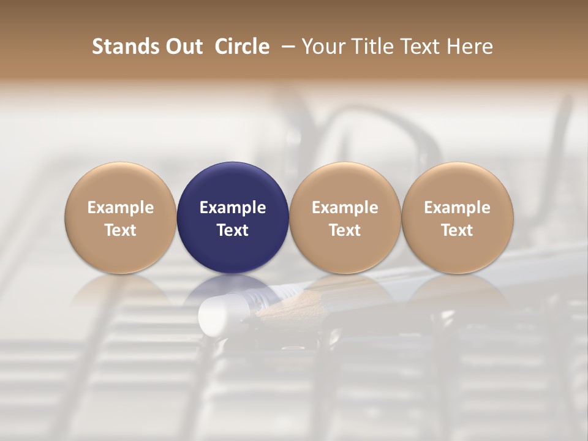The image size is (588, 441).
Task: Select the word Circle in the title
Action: coord(242,47)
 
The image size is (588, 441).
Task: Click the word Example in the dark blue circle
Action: coord(233,208)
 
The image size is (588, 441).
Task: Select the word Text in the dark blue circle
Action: coord(233,230)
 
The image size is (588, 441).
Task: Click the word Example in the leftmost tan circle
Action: coord(121,208)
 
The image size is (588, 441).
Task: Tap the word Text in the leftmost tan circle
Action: coord(121,230)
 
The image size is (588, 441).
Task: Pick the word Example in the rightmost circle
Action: coord(457,208)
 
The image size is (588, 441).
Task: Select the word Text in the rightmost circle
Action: coord(457,230)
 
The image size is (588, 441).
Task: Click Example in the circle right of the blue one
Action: coord(345,208)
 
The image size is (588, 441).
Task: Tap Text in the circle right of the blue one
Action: coord(345,230)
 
